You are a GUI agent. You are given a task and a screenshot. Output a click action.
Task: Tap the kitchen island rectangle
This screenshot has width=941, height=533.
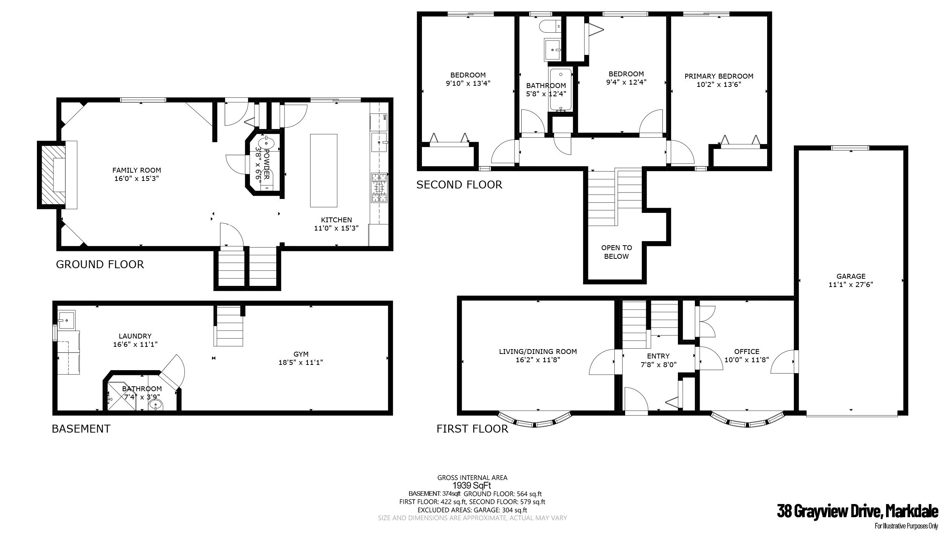pyautogui.click(x=323, y=170)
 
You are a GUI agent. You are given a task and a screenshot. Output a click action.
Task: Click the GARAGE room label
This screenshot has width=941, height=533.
pyautogui.click(x=851, y=276)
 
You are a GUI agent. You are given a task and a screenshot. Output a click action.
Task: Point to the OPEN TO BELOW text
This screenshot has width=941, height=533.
pyautogui.click(x=616, y=252)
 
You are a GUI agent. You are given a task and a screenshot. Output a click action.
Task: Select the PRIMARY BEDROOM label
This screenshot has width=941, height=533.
pyautogui.click(x=719, y=76)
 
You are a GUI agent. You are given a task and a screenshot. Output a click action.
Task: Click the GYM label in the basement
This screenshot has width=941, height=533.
pyautogui.click(x=301, y=354)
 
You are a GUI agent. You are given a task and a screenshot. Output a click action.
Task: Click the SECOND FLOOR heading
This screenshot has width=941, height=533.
pyautogui.click(x=459, y=185)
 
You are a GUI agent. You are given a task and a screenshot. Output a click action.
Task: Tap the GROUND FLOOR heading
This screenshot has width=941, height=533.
pyautogui.click(x=100, y=264)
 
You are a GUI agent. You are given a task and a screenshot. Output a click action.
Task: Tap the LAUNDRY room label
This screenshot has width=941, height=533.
pyautogui.click(x=135, y=336)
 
